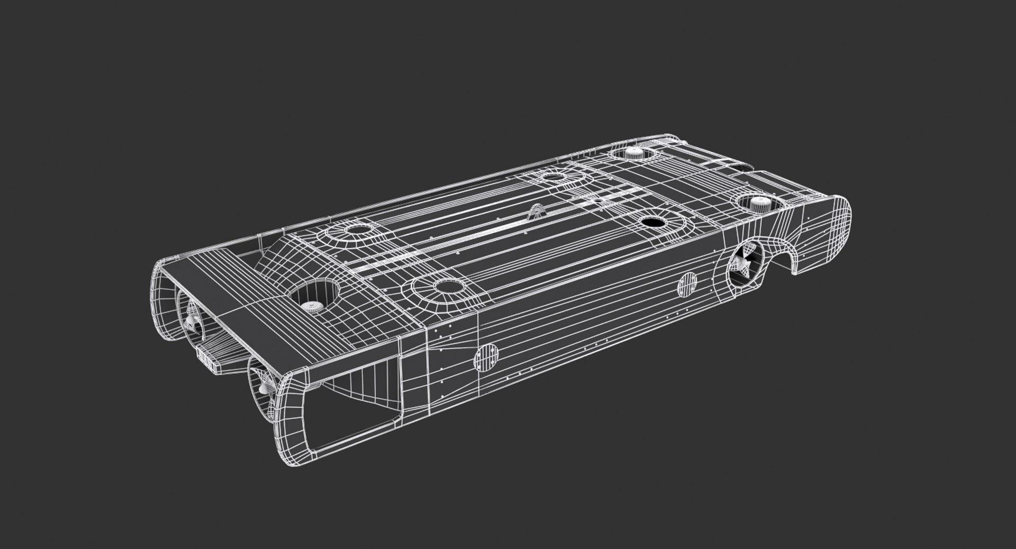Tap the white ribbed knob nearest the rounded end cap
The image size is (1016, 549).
761,202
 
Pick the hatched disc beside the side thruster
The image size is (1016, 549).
687,284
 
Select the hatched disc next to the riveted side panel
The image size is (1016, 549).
486,358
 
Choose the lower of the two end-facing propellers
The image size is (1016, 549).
264,389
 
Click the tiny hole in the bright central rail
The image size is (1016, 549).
597,200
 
